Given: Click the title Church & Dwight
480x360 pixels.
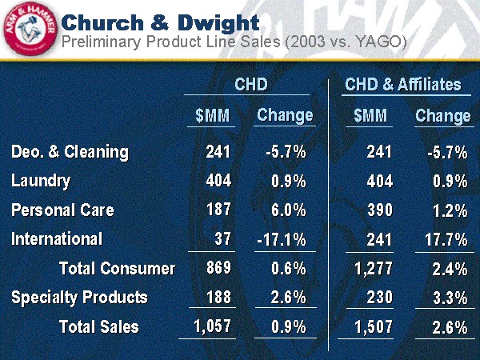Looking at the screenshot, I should pos(160,21).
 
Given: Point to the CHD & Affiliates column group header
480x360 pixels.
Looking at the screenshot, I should pos(402,85).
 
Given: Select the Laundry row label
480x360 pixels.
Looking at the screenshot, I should pos(41,181).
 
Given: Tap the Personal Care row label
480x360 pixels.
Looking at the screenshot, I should pos(62,210).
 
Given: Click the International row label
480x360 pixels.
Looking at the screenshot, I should pos(57,238).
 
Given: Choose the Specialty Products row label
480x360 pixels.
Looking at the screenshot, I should pos(79,297).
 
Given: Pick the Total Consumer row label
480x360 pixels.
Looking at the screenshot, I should pos(117,268).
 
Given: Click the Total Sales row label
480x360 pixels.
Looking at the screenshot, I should pos(98,326).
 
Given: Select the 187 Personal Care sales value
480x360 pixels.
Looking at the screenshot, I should pos(218,210).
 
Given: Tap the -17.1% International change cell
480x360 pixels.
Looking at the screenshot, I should pos(282,239).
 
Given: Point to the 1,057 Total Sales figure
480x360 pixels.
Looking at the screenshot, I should pos(212,326).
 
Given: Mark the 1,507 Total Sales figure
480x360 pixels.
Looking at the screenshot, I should pos(374,326).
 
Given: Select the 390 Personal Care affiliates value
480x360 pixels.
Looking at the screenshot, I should pos(379,210).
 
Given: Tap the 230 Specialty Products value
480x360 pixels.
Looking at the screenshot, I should pos(379,297).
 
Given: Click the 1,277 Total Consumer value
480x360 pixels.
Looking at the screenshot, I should pos(374,268).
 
